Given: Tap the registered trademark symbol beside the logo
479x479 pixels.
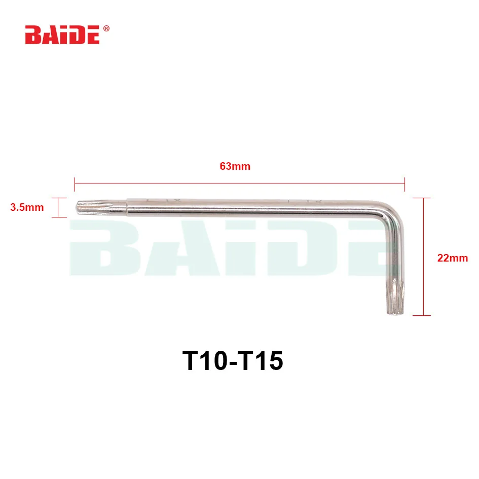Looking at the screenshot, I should point(106,29).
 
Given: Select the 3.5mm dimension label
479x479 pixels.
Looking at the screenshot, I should point(27,207).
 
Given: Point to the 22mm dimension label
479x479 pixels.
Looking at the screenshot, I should point(453,258).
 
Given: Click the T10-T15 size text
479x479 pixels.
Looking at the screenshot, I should point(233,361).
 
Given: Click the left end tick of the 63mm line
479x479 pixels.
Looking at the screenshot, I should point(75,184).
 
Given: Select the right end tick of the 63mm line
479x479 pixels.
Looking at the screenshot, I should point(405,184).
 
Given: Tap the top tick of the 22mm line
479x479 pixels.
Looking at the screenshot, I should point(422,198).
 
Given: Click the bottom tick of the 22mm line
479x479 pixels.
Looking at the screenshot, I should point(422,315).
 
